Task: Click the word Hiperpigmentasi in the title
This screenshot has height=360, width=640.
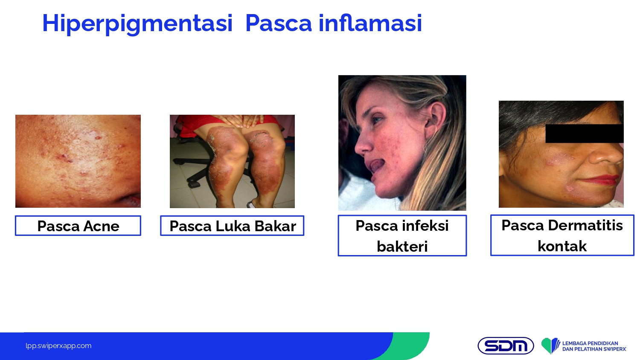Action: pos(137,24)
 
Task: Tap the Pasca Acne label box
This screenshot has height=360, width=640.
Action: pos(78,226)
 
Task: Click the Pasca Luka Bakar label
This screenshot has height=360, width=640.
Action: pos(232,226)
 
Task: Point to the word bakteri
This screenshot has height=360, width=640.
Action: pos(402,246)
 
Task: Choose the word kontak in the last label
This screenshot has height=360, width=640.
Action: pos(562,246)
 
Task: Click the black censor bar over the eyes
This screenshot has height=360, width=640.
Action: pos(584,134)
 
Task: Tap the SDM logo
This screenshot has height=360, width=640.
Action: pos(506,346)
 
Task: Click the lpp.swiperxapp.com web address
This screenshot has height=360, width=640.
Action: pos(58,346)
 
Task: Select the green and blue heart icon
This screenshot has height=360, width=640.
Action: pos(550,346)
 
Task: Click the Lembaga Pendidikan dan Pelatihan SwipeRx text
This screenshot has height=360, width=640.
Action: pos(594,346)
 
